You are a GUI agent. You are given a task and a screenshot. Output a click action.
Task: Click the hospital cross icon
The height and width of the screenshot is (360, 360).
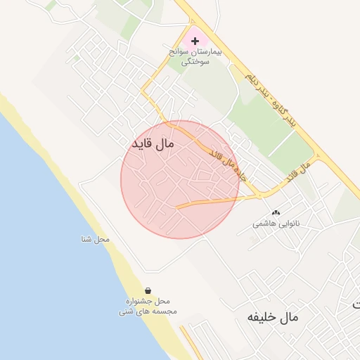coord(195,41)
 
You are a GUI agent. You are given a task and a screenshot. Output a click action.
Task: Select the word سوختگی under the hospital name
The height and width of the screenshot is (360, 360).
coord(195,62)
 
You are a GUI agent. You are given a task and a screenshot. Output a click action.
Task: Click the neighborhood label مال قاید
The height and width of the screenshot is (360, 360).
coord(152,143)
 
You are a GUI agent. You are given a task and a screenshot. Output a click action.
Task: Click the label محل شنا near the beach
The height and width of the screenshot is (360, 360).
coord(95,239)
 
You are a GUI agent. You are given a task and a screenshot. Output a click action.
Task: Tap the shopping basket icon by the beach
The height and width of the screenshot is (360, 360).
coord(148,290)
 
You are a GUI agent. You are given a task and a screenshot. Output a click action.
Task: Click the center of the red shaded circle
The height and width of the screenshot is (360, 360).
coord(180,179)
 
